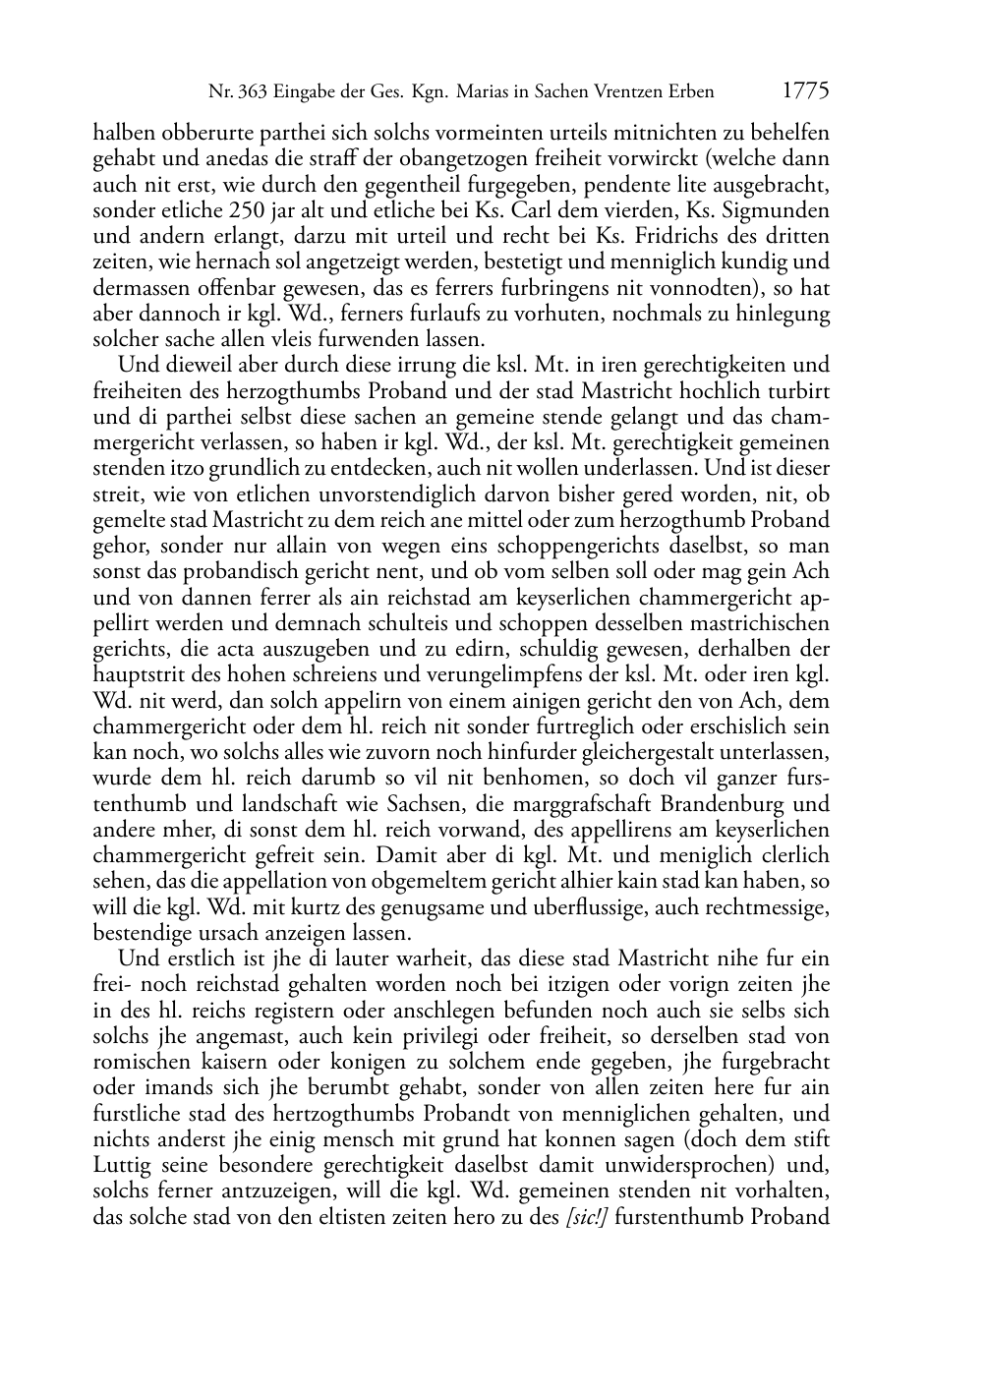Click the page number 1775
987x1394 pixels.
point(806,90)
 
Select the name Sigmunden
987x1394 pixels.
point(778,210)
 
